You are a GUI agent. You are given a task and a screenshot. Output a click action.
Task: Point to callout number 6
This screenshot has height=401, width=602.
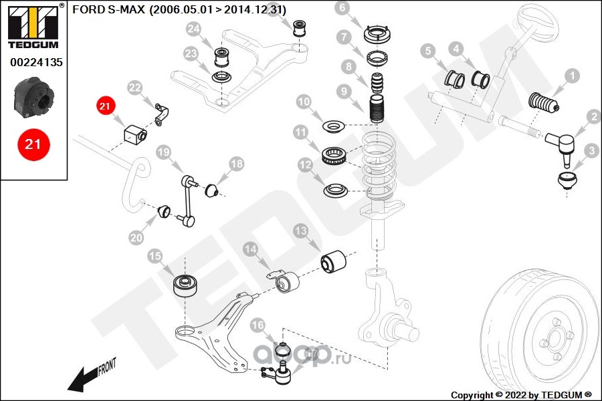coord(342,9)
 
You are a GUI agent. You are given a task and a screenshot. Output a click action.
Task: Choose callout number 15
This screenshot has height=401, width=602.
coord(155,255)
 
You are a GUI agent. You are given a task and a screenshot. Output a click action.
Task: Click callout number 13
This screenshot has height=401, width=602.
coord(301,231)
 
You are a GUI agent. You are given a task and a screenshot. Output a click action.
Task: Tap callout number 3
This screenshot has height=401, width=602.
coord(591,152)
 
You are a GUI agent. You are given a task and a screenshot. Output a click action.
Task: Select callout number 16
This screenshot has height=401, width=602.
coord(259,325)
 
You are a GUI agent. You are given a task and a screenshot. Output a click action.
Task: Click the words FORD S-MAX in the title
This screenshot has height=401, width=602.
coord(108,9)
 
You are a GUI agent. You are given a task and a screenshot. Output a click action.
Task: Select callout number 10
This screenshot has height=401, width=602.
coord(304,102)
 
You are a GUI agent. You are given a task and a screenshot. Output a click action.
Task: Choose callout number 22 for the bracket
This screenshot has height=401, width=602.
coord(134,88)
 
